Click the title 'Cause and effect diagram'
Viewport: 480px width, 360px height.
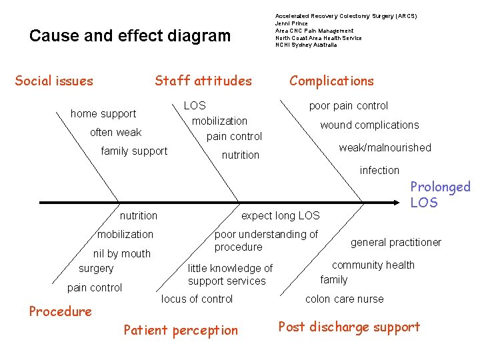point(130,35)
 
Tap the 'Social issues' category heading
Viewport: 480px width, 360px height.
point(54,81)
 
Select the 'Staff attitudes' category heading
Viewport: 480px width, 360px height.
point(203,81)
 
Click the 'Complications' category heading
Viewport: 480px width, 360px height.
point(331,81)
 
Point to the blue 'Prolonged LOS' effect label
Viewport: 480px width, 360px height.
point(439,195)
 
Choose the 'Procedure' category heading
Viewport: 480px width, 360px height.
point(61,311)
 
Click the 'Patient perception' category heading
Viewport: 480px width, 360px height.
point(181,330)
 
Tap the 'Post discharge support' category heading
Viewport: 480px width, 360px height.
point(349,327)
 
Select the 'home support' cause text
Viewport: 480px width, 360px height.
point(103,114)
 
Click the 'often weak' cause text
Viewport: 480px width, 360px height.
point(115,133)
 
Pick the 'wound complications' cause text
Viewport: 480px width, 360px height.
point(369,125)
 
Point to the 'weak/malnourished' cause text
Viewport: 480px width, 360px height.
point(385,147)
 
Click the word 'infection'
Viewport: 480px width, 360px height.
point(379,171)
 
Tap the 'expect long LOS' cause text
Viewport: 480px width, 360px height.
point(280,215)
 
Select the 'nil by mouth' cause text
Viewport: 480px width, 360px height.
point(122,253)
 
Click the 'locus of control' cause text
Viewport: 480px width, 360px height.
point(197,299)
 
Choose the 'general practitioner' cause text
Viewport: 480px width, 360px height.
point(396,243)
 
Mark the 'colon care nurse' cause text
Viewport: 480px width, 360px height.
point(344,299)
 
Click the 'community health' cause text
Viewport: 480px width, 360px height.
point(373,265)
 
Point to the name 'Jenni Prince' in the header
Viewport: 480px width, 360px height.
point(291,23)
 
